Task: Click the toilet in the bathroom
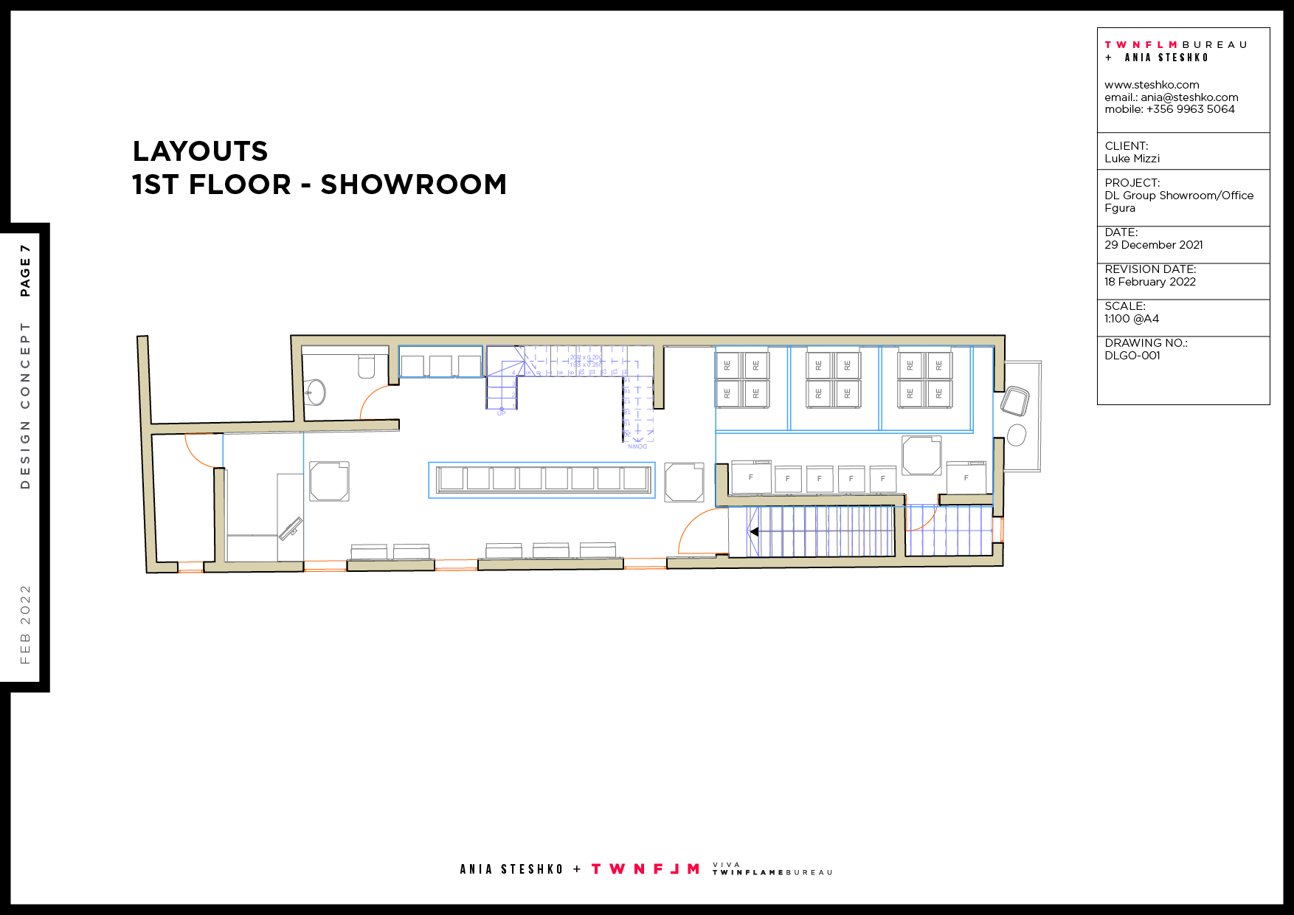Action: [367, 367]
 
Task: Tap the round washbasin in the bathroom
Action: [316, 392]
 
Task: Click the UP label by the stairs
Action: [502, 413]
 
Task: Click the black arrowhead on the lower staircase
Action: [753, 531]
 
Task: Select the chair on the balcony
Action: [1015, 402]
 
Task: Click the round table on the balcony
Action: [1017, 435]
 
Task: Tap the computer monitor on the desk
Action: [291, 528]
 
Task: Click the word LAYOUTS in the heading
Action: [200, 151]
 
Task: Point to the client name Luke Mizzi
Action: [1132, 159]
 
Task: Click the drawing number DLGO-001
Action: [1132, 356]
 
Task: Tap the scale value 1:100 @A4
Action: [1131, 319]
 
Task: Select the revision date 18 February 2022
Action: [1149, 282]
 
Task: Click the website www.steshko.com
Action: [1151, 85]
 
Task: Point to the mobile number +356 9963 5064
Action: [1189, 109]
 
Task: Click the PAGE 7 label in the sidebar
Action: [25, 271]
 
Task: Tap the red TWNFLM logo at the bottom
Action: [646, 869]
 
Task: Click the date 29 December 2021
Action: [1153, 245]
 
